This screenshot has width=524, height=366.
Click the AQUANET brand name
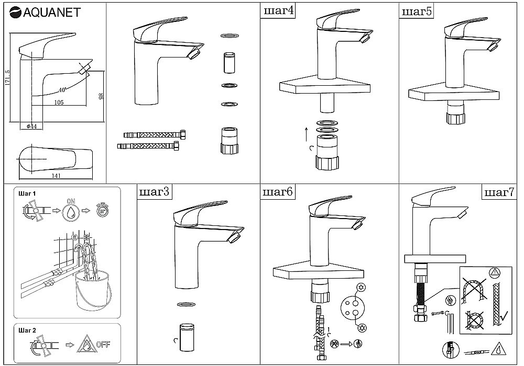pos(51,13)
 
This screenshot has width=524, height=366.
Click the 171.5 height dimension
pos(8,78)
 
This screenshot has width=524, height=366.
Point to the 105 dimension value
pos(59,102)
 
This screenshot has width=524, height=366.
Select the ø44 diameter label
pos(31,127)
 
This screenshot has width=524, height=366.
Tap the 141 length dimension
pos(56,176)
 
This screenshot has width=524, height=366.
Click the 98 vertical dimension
pos(101,96)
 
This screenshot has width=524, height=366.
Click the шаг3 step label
pos(154,192)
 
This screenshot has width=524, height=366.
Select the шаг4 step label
pos(278,10)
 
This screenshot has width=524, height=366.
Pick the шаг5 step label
pos(417,12)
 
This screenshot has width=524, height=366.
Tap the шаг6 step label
pos(277,192)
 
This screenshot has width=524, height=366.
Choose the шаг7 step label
pos(499,192)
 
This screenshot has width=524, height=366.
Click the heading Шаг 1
pos(27,193)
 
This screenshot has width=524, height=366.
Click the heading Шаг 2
pos(27,330)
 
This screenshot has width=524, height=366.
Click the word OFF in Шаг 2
pos(103,345)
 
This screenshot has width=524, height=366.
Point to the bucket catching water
pos(92,291)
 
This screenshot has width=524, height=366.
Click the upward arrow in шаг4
pos(306,134)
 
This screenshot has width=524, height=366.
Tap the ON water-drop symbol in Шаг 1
pos(71,211)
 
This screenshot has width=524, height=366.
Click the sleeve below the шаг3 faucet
pos(187,337)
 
